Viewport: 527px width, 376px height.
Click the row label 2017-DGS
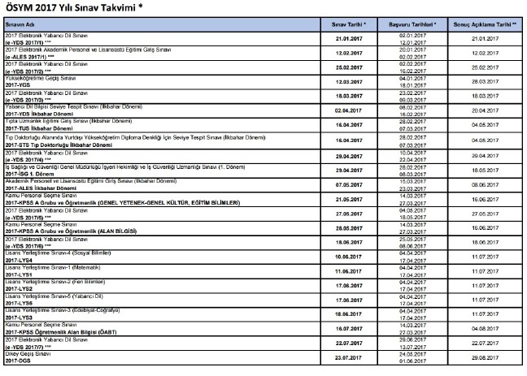pyautogui.click(x=18, y=371)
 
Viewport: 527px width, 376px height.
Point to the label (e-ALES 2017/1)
pyautogui.click(x=30, y=57)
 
